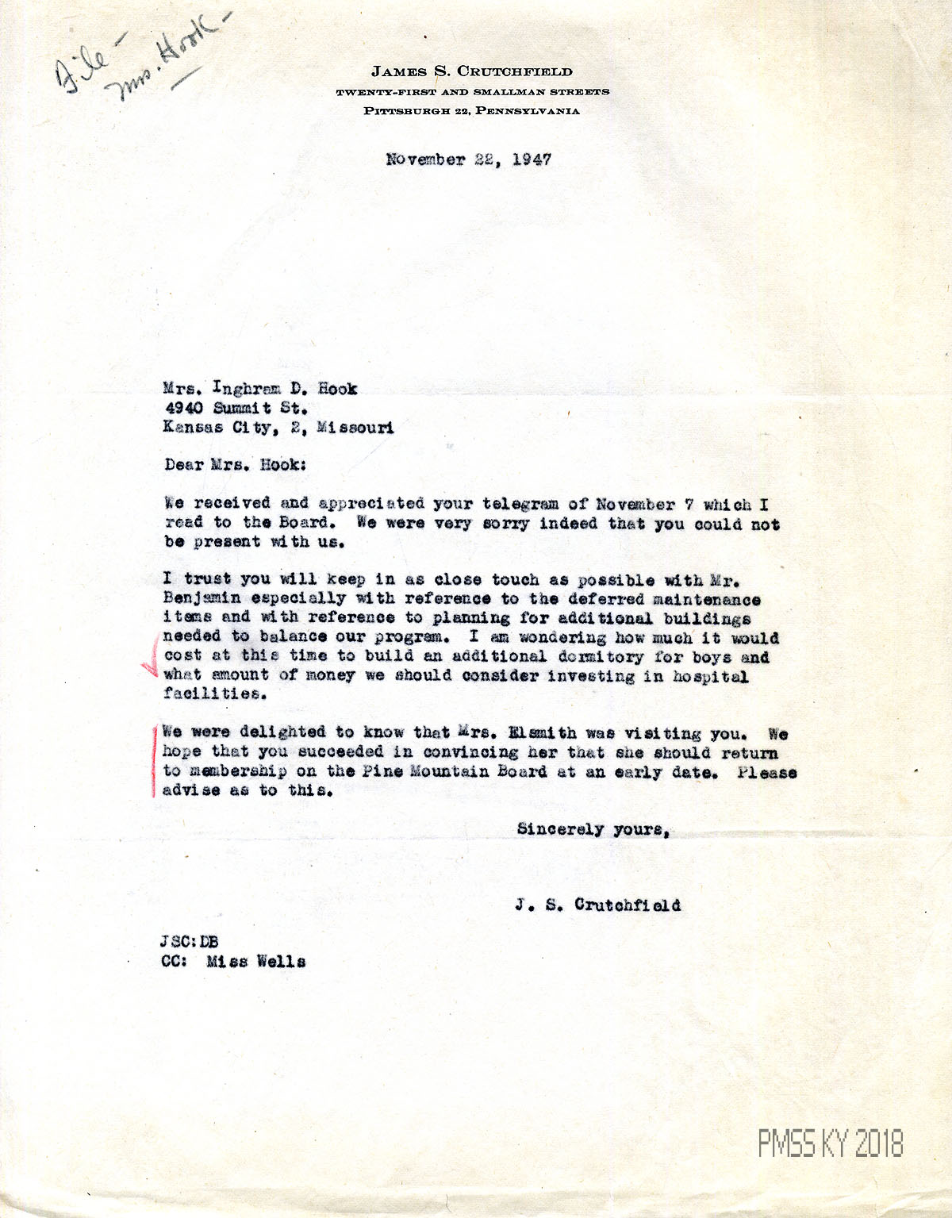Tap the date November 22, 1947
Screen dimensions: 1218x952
468,159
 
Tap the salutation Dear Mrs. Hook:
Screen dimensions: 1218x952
235,465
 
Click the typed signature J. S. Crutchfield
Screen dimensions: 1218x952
597,905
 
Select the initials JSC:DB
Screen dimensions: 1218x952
189,943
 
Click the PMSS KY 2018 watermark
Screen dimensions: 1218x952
830,1143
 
